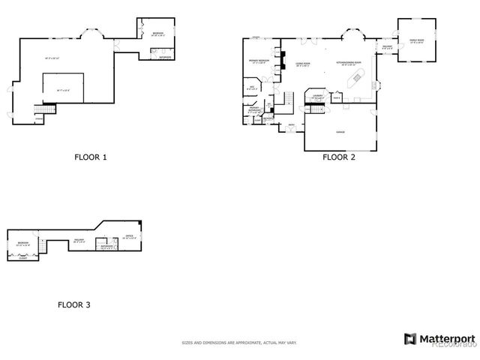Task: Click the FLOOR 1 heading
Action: point(91,157)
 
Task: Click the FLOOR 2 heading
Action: point(339,157)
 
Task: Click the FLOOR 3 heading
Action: point(74,305)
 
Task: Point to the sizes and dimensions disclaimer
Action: point(239,343)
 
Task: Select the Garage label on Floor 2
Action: point(340,131)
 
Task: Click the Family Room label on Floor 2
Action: point(415,40)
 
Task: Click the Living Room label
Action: point(303,63)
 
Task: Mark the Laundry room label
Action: point(317,95)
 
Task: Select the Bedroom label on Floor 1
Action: point(157,34)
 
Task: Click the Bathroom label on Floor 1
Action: point(164,57)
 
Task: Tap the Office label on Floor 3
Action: point(128,235)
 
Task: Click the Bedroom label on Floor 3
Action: point(23,242)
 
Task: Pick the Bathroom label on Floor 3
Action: point(106,246)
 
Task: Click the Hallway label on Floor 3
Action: point(78,240)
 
